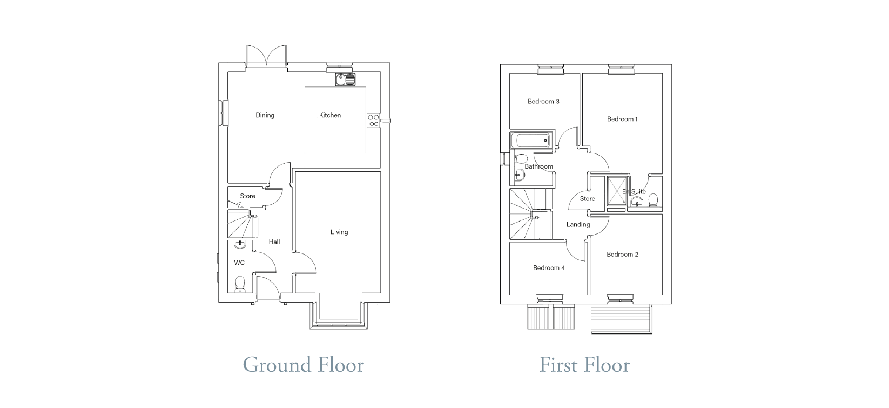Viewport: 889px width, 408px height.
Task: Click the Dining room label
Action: pyautogui.click(x=265, y=115)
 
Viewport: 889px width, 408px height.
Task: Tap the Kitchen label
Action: pyautogui.click(x=330, y=115)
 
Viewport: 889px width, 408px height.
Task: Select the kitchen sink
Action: pyautogui.click(x=345, y=80)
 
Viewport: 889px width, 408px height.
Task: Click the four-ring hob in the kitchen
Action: pyautogui.click(x=373, y=121)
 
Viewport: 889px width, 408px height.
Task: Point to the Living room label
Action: pyautogui.click(x=339, y=232)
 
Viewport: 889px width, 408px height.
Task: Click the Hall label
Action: pyautogui.click(x=274, y=242)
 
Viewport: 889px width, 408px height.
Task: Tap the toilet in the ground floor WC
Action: pyautogui.click(x=240, y=284)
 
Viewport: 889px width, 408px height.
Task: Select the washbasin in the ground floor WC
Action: pyautogui.click(x=240, y=244)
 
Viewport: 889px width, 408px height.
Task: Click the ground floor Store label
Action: pyautogui.click(x=248, y=196)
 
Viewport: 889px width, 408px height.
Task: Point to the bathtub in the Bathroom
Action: pyautogui.click(x=531, y=141)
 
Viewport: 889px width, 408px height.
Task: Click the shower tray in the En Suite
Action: pyautogui.click(x=616, y=191)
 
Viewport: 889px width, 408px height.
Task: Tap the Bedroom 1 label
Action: pyautogui.click(x=622, y=119)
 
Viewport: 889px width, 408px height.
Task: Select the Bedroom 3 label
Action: pyautogui.click(x=543, y=101)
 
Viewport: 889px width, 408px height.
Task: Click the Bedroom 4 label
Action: pyautogui.click(x=549, y=268)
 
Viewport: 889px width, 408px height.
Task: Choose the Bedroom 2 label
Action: pyautogui.click(x=622, y=255)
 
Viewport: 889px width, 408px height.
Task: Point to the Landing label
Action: pyautogui.click(x=578, y=225)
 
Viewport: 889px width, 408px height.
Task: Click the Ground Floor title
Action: pyautogui.click(x=303, y=365)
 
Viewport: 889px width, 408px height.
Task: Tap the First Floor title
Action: pyautogui.click(x=584, y=365)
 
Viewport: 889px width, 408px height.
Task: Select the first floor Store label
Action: pyautogui.click(x=588, y=199)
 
